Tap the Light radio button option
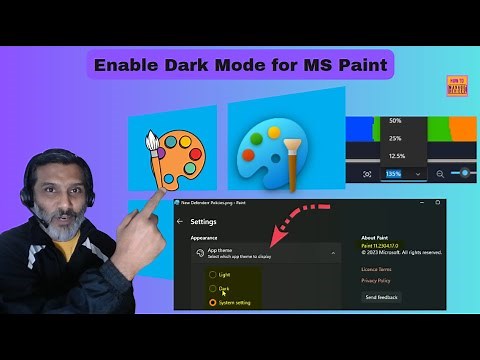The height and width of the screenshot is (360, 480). tap(211, 274)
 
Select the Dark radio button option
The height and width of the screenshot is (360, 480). tap(211, 288)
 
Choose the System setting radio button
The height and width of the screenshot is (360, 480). tap(211, 301)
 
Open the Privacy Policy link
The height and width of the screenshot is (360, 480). tap(375, 281)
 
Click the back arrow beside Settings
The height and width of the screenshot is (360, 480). tap(180, 221)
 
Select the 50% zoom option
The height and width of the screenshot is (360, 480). tap(396, 119)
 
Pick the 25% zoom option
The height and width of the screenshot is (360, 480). tap(396, 137)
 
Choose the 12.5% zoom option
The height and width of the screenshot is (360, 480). tap(398, 155)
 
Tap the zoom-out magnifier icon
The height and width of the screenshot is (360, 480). tap(440, 173)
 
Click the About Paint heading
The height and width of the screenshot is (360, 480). tap(378, 238)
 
